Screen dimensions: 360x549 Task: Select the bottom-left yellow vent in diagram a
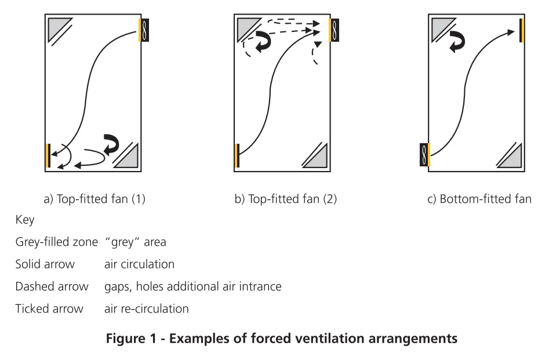click(46, 155)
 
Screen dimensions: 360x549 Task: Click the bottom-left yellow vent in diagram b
click(238, 155)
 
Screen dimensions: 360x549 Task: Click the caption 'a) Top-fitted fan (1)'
click(94, 200)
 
